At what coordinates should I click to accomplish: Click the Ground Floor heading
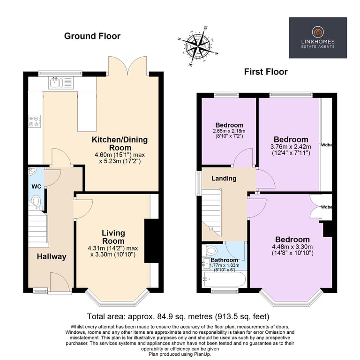92,36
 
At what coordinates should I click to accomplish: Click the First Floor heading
266,72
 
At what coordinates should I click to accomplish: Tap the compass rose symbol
198,46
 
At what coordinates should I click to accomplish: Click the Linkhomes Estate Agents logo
318,37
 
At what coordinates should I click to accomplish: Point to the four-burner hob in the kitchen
34,121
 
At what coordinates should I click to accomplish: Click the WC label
37,187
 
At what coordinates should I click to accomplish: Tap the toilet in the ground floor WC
36,202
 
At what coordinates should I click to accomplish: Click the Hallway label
52,257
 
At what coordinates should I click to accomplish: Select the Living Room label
113,237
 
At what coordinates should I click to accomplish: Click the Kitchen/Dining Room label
120,143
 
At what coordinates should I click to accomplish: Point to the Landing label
224,179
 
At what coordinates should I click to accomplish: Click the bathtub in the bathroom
225,279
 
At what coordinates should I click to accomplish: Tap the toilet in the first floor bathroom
210,250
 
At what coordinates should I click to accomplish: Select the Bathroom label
225,260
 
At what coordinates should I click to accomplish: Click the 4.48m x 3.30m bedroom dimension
292,250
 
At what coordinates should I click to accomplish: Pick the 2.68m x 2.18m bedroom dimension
229,134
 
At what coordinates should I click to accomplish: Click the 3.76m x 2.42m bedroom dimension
291,150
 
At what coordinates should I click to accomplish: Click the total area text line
178,316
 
